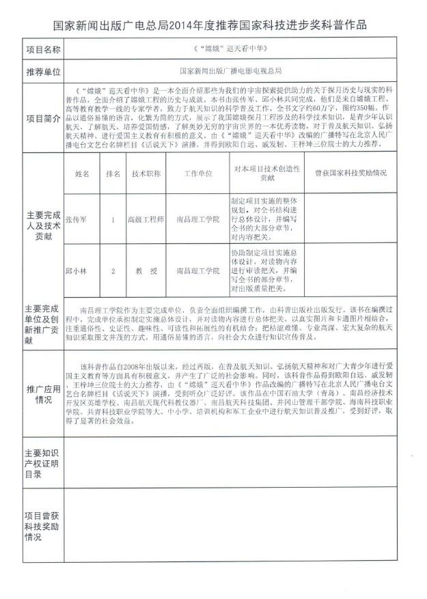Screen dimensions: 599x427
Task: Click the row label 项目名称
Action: [x=43, y=50]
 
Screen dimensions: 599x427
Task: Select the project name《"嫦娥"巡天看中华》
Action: [x=231, y=50]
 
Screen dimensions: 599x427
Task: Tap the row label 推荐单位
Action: [x=43, y=70]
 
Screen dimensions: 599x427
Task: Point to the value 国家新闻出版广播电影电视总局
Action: [x=231, y=70]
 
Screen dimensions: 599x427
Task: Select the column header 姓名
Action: [x=82, y=173]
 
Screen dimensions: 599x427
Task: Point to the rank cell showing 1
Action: [x=113, y=220]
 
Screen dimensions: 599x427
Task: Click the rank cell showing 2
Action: [x=113, y=271]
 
